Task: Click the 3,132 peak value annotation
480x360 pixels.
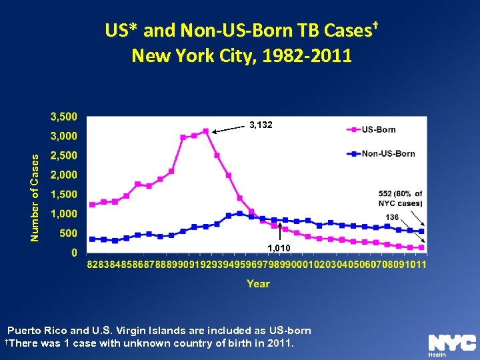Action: point(261,125)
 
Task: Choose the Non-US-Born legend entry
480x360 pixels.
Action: point(387,153)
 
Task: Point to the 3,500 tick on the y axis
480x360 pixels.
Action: point(64,117)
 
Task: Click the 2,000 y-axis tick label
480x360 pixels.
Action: point(64,175)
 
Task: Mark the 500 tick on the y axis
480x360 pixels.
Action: point(69,233)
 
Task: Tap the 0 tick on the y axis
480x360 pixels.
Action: point(74,253)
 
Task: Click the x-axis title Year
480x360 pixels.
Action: point(258,284)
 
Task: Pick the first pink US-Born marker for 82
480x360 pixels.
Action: point(92,205)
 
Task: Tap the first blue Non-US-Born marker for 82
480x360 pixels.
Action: point(92,239)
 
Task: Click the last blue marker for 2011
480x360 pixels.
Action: point(421,231)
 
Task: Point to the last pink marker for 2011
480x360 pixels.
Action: point(421,247)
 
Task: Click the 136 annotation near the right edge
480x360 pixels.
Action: point(393,217)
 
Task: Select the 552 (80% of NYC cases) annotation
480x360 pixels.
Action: point(400,198)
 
